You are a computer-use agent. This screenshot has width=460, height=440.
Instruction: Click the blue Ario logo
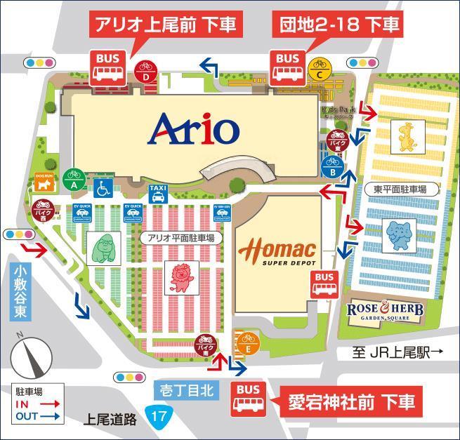(x=195, y=128)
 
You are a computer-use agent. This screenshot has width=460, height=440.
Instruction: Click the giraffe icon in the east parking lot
(x=405, y=137)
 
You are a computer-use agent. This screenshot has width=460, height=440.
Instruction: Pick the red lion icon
(x=180, y=278)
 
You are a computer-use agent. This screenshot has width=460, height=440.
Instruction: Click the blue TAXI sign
(x=158, y=194)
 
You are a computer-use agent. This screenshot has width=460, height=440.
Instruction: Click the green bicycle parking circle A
(x=74, y=180)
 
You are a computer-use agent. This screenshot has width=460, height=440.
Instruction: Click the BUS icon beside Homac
(x=324, y=284)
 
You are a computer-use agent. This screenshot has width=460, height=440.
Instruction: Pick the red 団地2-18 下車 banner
(x=337, y=25)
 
